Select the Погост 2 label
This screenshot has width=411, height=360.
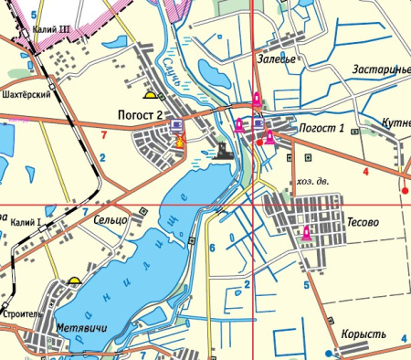tap(140, 114)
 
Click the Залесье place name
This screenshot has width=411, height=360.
tap(276, 59)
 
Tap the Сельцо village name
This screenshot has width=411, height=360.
tap(111, 220)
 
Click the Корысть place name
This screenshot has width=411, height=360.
tap(364, 334)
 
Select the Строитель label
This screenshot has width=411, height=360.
tap(22, 313)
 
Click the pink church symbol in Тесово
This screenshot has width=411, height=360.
tap(307, 234)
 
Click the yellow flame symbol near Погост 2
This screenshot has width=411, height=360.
tap(180, 142)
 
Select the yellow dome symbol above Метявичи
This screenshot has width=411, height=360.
tap(73, 281)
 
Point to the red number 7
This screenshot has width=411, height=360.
tap(104, 135)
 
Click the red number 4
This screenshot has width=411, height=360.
tap(365, 171)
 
